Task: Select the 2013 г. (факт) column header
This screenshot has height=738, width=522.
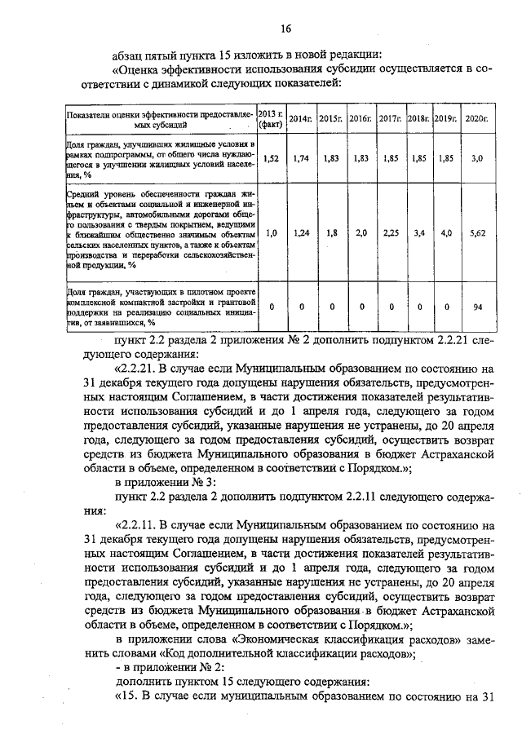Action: (x=270, y=119)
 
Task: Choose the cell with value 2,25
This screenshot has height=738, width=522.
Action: (x=391, y=232)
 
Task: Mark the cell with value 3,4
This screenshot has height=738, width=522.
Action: (x=418, y=232)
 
